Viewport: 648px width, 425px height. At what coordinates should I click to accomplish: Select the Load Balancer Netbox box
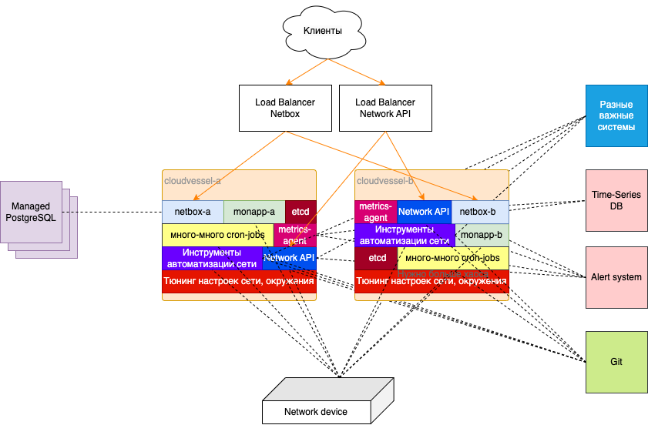coord(285,108)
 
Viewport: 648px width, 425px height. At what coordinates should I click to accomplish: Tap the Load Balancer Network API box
coord(385,108)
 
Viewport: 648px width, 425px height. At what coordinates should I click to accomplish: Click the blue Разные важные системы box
coord(616,115)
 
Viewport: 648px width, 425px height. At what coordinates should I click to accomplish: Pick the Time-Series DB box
coord(616,200)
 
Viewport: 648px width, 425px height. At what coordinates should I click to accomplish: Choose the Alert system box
coord(616,277)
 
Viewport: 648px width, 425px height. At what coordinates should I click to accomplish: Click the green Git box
coord(616,361)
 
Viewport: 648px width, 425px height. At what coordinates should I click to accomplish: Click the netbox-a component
coord(193,212)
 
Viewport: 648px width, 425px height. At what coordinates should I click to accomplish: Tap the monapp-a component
coord(254,212)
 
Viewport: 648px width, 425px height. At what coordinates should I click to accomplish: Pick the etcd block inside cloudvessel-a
coord(300,212)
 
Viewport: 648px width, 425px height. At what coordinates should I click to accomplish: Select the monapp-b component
coord(482,235)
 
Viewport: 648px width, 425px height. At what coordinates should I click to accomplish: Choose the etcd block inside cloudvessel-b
coord(377,258)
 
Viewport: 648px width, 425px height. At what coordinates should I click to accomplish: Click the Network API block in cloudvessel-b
coord(424,212)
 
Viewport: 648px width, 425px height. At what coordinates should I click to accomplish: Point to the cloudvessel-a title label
coord(193,181)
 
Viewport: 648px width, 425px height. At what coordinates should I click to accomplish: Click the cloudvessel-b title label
coord(386,181)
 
